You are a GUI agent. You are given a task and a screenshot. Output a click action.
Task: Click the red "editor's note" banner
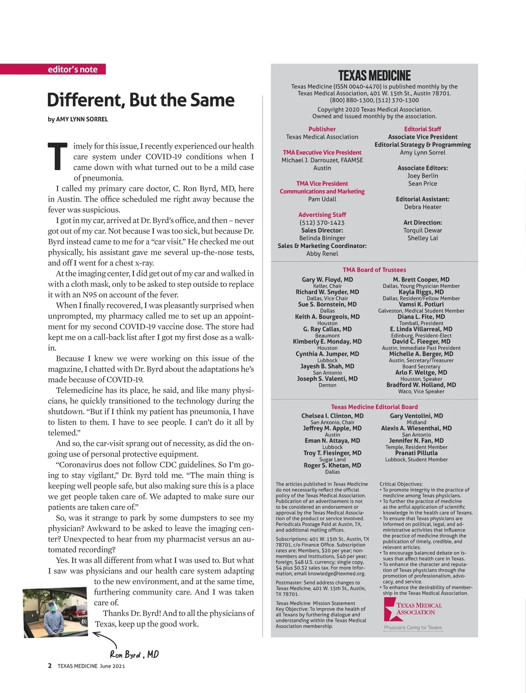coord(72,69)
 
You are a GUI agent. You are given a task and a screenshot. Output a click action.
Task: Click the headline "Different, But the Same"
coord(140,100)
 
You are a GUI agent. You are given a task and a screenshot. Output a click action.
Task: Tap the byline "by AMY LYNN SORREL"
coord(78,119)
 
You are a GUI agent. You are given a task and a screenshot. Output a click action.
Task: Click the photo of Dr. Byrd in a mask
coord(55,612)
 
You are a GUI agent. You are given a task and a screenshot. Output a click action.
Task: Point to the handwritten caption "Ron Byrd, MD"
coord(134,655)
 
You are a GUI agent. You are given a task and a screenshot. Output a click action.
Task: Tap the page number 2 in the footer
coord(50,666)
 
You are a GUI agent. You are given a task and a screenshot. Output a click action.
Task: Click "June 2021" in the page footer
coord(112,666)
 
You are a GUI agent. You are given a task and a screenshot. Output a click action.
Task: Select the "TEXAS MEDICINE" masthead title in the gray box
coord(374,75)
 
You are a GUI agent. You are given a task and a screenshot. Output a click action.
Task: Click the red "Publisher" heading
coord(322,129)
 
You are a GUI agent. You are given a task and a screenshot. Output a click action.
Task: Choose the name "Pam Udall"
coord(322,199)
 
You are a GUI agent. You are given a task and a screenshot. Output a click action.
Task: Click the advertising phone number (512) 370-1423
coord(322,223)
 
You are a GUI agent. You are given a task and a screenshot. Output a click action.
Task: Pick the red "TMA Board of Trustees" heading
coord(374,270)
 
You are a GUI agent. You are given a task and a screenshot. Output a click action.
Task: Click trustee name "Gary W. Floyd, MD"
coord(327,279)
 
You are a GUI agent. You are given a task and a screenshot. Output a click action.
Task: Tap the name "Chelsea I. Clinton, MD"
coord(332,416)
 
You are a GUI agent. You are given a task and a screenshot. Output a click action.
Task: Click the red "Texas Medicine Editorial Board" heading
coord(374,407)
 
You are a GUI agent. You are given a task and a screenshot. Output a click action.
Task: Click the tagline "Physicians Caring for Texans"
coord(413,628)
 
